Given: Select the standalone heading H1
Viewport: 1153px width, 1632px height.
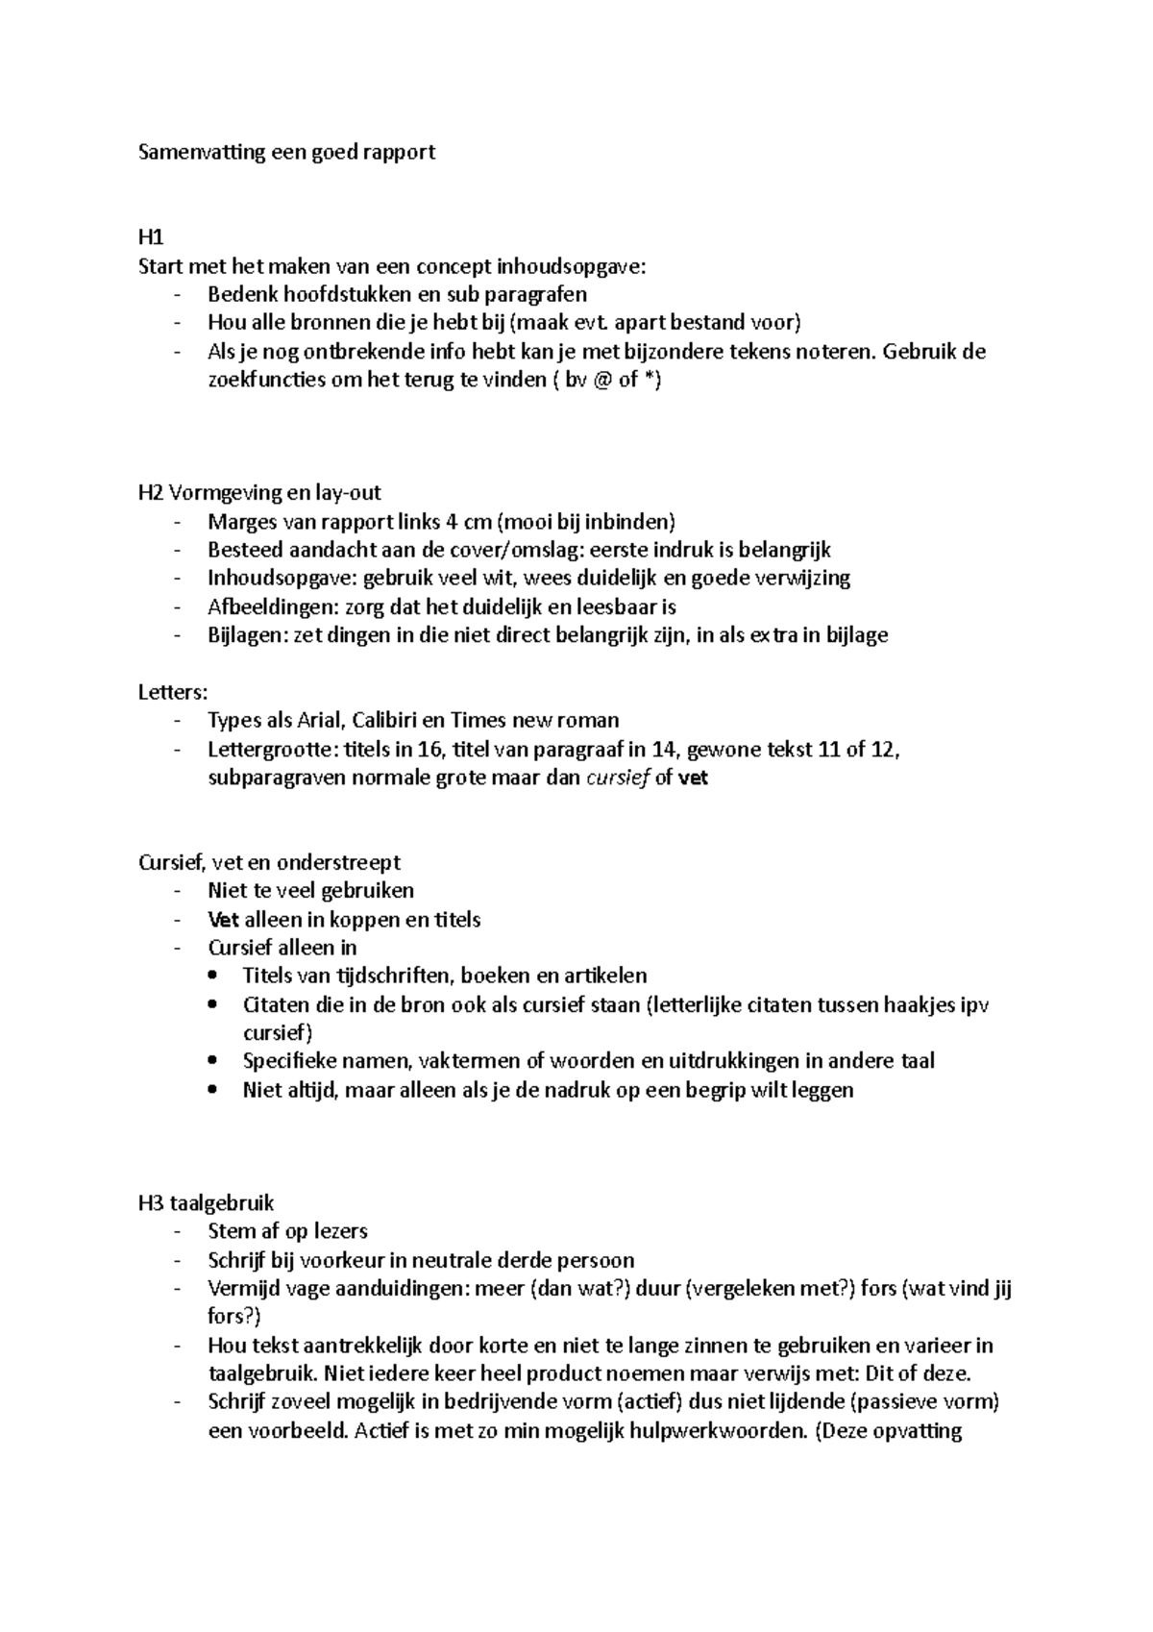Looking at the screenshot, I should [x=151, y=237].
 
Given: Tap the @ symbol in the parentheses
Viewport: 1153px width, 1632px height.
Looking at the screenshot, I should [x=601, y=380].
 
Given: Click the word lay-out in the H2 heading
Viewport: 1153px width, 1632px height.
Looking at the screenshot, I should [x=347, y=493].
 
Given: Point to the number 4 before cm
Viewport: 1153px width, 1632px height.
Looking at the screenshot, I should [x=452, y=522].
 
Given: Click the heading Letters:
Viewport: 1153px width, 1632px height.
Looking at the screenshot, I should [x=173, y=692].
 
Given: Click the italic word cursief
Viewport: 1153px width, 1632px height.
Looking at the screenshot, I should [x=617, y=778].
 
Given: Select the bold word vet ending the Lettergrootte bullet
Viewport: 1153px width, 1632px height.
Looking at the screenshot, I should [x=693, y=778].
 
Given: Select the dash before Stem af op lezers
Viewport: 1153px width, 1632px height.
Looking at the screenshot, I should [x=177, y=1232].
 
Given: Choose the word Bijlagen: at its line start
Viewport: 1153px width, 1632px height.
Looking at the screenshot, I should [x=245, y=635].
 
